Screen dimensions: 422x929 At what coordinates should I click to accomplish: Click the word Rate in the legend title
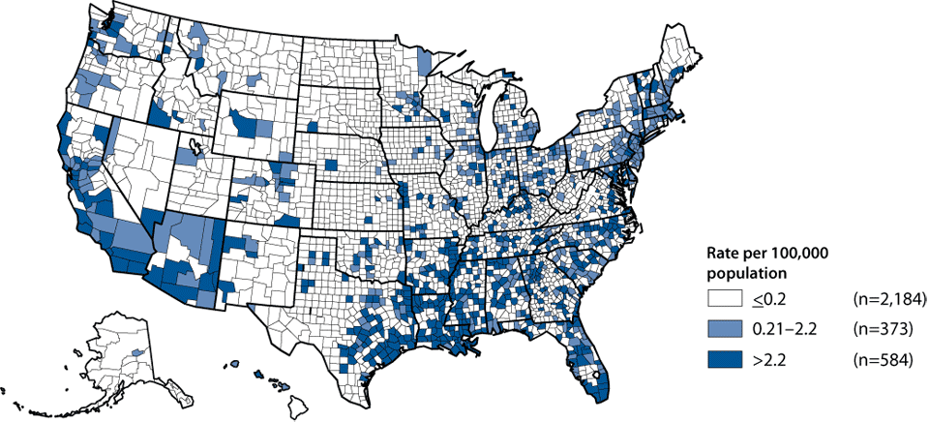pyautogui.click(x=722, y=255)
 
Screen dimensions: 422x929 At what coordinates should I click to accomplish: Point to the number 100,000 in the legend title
pyautogui.click(x=806, y=255)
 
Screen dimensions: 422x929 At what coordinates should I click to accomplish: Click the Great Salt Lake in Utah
pyautogui.click(x=196, y=147)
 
